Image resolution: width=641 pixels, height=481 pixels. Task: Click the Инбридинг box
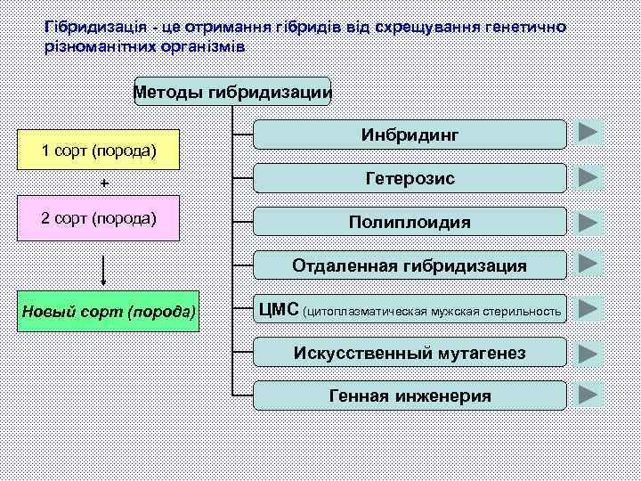click(410, 135)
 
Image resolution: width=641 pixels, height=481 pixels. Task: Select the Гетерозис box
click(410, 178)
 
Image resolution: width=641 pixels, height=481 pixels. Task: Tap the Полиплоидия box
click(410, 222)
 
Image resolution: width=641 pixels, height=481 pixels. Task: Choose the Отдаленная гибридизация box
click(410, 265)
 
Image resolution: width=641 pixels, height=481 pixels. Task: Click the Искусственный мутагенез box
click(410, 353)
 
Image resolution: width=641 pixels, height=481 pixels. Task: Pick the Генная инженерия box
click(410, 395)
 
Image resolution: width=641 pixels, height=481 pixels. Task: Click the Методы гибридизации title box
click(232, 91)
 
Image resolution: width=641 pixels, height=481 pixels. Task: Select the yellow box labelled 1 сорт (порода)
click(99, 150)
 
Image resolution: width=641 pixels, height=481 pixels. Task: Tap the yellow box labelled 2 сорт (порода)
click(99, 219)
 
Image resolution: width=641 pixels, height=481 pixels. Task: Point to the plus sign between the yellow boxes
click(104, 183)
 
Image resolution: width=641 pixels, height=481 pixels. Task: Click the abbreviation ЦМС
click(279, 309)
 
